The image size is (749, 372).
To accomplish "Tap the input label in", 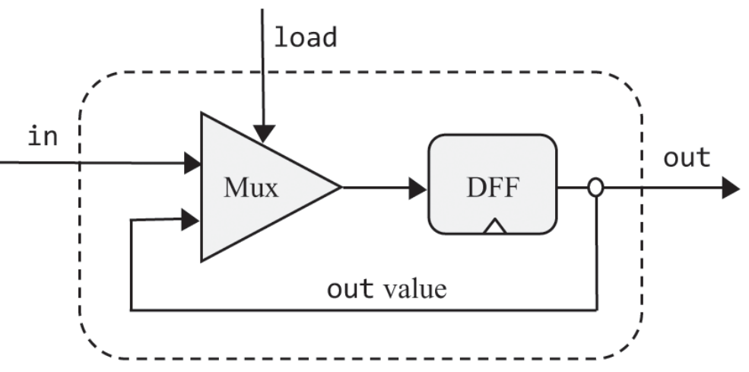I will (x=43, y=138).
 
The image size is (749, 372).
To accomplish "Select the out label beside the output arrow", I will (x=687, y=157).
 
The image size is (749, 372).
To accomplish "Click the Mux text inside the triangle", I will (x=249, y=187).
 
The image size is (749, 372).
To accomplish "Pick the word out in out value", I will (x=351, y=289).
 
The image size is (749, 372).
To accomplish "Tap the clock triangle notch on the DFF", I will (x=495, y=226).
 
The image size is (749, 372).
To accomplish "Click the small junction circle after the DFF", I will (x=596, y=187).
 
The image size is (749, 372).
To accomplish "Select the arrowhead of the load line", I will (x=263, y=135).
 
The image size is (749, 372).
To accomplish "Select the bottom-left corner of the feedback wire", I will (x=132, y=310).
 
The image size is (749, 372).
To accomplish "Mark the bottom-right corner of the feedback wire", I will (x=596, y=310).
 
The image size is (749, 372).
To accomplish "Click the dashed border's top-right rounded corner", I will (x=628, y=87).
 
